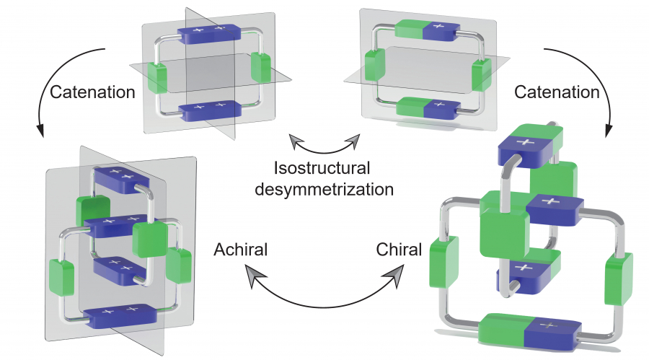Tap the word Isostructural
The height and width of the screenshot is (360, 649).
pos(322,169)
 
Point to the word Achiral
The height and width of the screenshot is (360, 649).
pos(241,250)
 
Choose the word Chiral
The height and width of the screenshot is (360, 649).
pos(399,250)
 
